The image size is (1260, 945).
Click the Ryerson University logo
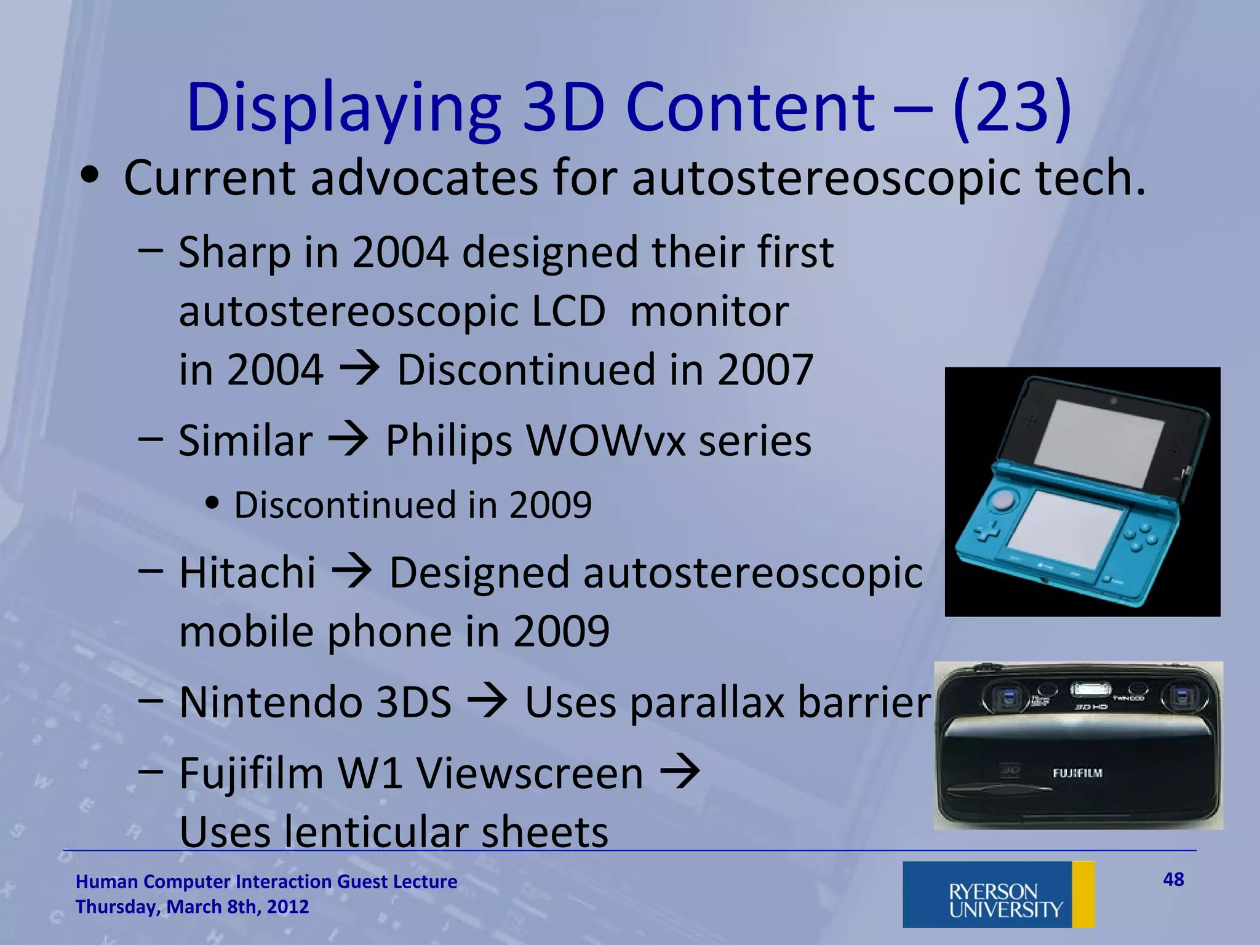pos(998,894)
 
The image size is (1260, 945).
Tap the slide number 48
pos(1173,880)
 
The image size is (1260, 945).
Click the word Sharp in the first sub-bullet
pos(234,253)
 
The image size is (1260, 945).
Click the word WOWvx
pos(605,441)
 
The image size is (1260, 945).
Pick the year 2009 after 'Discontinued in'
pos(550,505)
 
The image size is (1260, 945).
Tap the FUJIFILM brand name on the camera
pos(1077,773)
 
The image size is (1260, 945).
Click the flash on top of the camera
pos(1090,689)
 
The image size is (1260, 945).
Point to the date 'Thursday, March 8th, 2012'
pos(192,907)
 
